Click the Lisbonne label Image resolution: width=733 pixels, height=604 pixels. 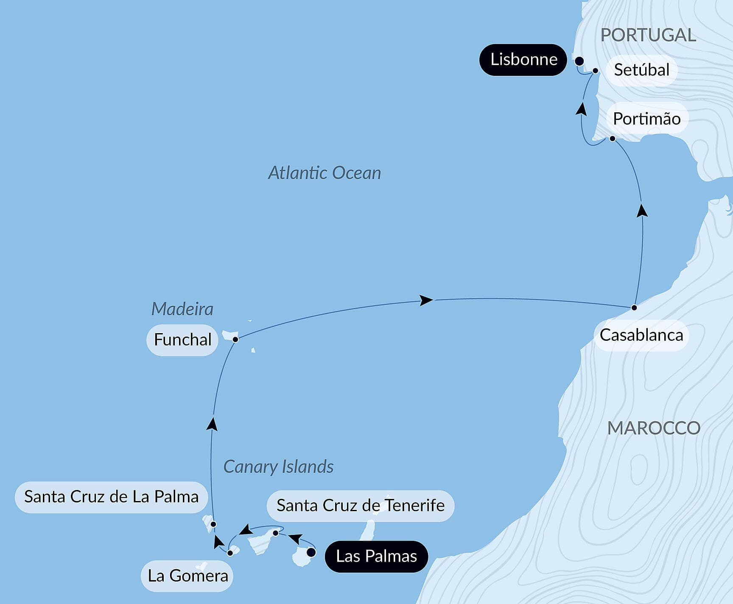click(x=523, y=60)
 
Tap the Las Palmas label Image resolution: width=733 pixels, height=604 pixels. click(x=376, y=556)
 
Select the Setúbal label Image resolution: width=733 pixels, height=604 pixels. click(x=641, y=70)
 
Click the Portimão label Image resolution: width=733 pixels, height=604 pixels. click(x=646, y=119)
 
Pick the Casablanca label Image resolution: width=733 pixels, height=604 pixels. click(x=641, y=335)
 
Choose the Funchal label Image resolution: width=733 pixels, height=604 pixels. click(x=182, y=340)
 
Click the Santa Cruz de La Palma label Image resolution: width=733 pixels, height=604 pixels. click(x=111, y=497)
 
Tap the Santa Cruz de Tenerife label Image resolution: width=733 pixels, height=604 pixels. click(x=360, y=506)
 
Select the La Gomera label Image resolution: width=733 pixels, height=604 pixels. click(x=187, y=576)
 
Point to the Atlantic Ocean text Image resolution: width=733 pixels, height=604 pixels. click(x=325, y=173)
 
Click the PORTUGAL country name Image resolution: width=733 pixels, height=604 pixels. click(x=648, y=35)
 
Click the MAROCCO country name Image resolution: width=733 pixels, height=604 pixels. click(x=654, y=428)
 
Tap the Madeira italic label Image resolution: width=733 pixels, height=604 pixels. click(x=182, y=309)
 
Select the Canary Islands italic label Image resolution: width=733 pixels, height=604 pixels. click(x=278, y=467)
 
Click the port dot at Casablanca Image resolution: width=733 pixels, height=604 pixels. click(x=634, y=308)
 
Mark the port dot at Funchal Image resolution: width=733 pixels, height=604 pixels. click(x=235, y=339)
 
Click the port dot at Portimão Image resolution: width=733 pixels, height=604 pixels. click(x=612, y=139)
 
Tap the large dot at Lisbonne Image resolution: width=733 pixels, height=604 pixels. click(x=579, y=61)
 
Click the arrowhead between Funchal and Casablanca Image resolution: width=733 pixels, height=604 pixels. click(x=426, y=300)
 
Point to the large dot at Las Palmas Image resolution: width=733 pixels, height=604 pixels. click(x=311, y=552)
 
